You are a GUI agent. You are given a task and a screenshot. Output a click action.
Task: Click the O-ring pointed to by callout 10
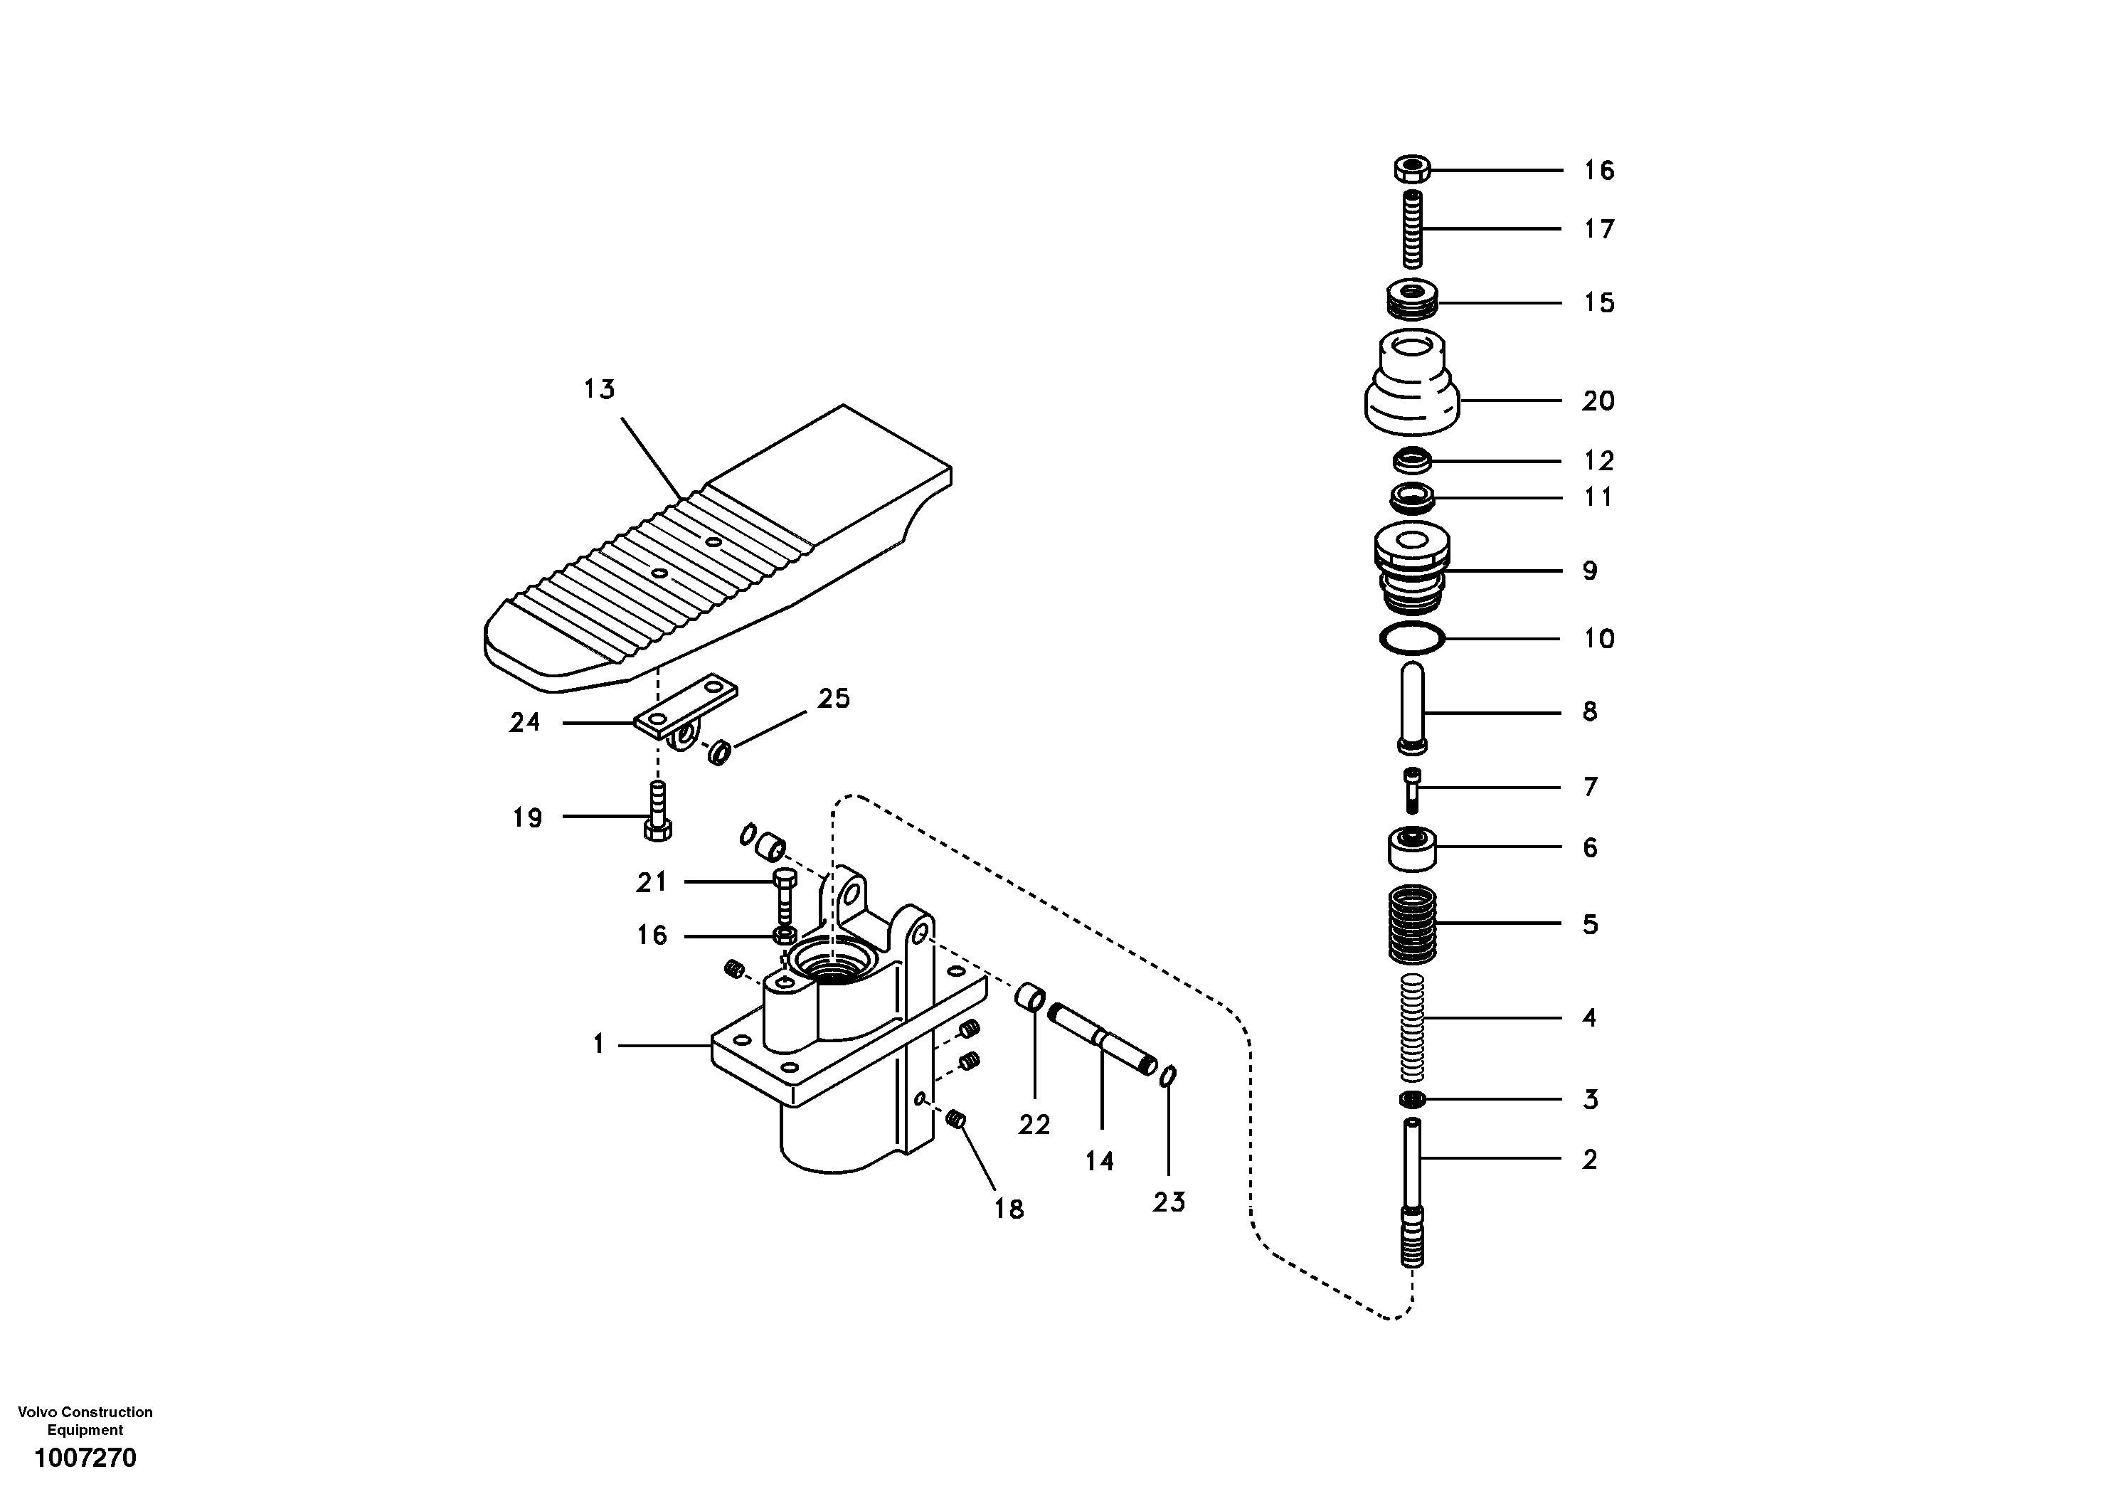[1411, 638]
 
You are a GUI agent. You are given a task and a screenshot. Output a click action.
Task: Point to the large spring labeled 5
[1411, 923]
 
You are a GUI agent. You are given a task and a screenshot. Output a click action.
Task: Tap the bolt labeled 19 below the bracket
[657, 812]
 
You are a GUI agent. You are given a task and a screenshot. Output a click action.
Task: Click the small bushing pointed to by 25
[719, 751]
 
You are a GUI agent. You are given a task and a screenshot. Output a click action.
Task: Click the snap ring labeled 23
[1168, 1076]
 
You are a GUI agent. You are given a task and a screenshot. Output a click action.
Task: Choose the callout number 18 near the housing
[1009, 1208]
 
